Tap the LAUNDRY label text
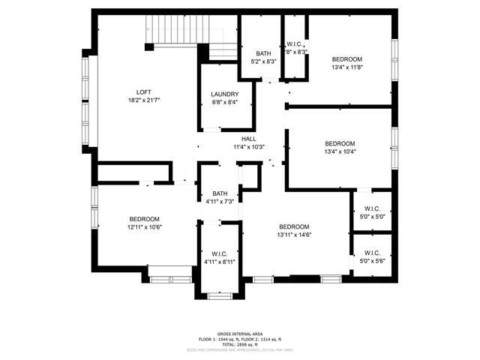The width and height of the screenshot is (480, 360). click(225, 94)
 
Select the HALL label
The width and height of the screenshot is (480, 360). click(249, 139)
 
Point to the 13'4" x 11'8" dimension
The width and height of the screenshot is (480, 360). click(347, 67)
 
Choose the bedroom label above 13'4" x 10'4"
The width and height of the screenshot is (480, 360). click(340, 143)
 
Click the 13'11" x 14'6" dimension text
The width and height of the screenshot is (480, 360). click(295, 235)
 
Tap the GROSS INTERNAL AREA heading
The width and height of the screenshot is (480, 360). click(239, 333)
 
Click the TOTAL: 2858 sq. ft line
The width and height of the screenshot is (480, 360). click(239, 343)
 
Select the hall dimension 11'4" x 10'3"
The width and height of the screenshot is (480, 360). click(249, 147)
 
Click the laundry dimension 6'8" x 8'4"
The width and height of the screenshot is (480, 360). click(225, 103)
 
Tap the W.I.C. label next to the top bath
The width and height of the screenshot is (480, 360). click(295, 44)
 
